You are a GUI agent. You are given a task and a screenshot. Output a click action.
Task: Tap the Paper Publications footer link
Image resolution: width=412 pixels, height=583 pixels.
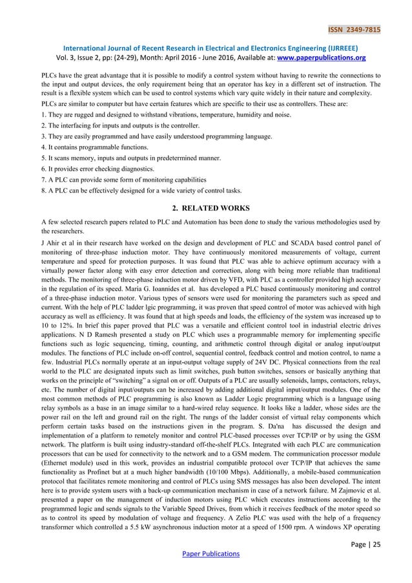pos(205,553)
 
